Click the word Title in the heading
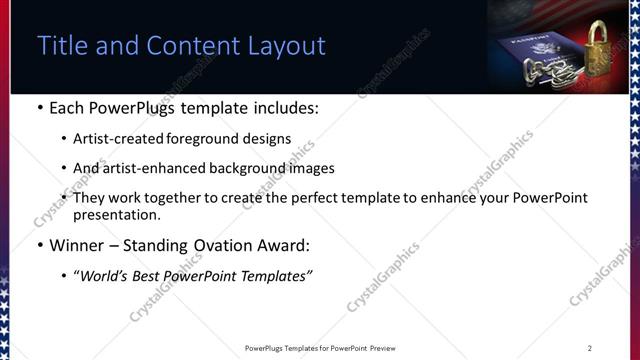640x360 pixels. click(60, 46)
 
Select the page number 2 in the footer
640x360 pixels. click(589, 348)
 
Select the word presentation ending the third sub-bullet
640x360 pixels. click(116, 214)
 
